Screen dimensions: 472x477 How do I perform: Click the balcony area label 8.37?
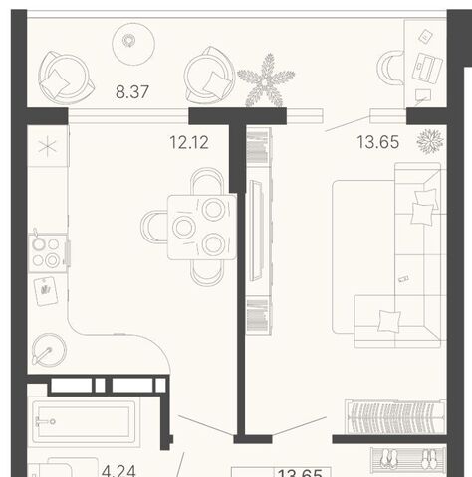coord(132,91)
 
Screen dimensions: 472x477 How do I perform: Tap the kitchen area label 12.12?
coord(189,142)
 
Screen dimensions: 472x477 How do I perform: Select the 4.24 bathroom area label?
coord(118,471)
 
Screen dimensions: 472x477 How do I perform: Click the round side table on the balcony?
coord(133,44)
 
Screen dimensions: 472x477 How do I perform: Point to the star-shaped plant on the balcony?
coord(266,80)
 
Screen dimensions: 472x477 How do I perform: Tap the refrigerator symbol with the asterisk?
coord(48,146)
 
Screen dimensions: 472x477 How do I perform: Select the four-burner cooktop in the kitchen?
coord(47,253)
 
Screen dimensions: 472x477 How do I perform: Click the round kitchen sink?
coord(49,350)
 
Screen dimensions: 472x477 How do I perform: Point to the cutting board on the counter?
coord(46,291)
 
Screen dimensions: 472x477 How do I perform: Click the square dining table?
coord(202,228)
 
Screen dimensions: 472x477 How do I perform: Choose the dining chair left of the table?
coord(154,227)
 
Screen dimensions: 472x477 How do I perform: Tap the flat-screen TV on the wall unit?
coord(257,231)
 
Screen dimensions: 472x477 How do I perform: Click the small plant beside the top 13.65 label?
coord(430,141)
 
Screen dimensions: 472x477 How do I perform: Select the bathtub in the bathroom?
coord(84,421)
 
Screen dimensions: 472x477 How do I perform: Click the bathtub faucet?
coord(45,421)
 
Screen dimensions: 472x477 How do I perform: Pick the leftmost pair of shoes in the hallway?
coord(388,459)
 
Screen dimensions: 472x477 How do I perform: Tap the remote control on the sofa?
coord(403,278)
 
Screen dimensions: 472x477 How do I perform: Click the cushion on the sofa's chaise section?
coord(389,321)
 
